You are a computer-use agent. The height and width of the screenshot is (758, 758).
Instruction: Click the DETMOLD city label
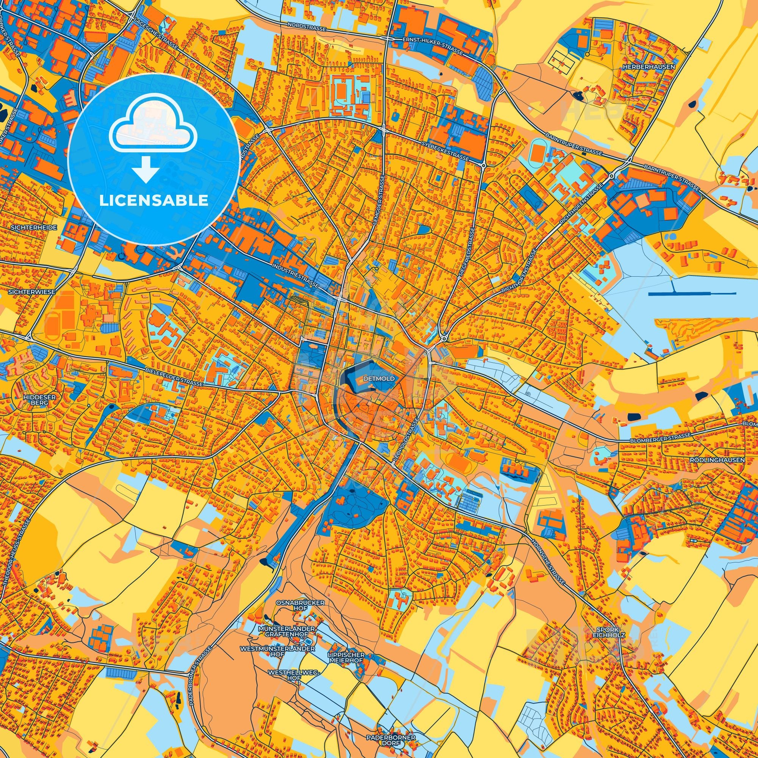click(x=376, y=379)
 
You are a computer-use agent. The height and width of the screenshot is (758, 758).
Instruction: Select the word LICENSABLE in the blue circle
click(x=153, y=200)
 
